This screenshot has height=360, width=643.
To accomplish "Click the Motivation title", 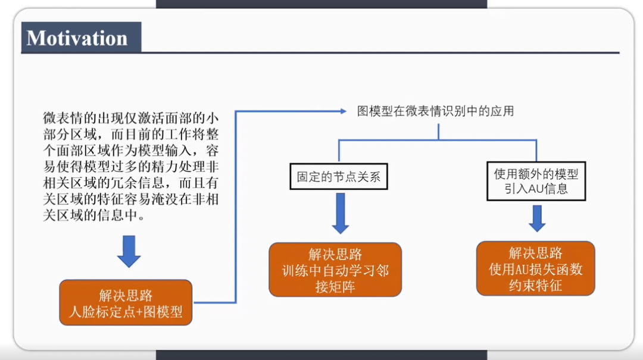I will tap(77, 38).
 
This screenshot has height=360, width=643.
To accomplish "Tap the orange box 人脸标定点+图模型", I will tap(126, 303).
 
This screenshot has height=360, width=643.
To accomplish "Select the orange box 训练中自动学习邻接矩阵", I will tap(335, 270).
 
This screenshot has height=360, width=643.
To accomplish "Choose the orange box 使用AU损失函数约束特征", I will tap(535, 269).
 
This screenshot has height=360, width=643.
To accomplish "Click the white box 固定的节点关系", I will tap(338, 177).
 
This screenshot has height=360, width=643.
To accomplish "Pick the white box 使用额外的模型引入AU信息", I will tap(536, 181).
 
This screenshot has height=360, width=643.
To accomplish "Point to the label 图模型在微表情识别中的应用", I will tap(435, 111).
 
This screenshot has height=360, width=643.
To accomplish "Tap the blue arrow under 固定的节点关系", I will tap(340, 213).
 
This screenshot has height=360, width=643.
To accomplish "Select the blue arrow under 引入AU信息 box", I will tap(537, 218).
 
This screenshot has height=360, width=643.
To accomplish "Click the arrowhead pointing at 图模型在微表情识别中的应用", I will tap(343, 111).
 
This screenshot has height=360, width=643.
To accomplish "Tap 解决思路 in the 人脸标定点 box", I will tap(126, 295).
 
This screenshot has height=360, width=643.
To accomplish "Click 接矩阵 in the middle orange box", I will tap(335, 287).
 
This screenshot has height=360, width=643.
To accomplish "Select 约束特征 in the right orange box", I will tap(535, 285).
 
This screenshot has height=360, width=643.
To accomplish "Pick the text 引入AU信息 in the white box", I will tap(536, 189).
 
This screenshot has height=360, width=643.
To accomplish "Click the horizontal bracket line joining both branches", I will tap(438, 140).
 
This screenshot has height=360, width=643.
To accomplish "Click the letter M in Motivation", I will tap(37, 38).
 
